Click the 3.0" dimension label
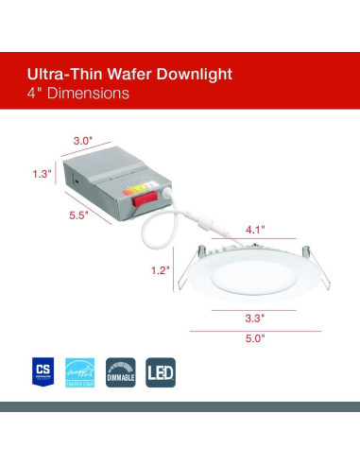(x=84, y=141)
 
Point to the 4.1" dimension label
(x=255, y=229)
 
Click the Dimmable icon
(x=119, y=369)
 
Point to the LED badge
(x=161, y=369)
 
